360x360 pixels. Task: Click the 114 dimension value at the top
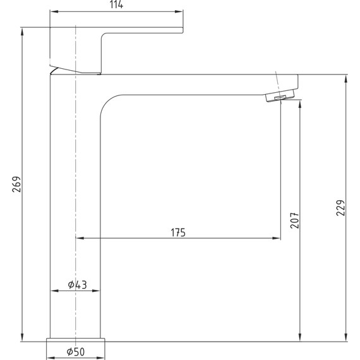tap(116, 4)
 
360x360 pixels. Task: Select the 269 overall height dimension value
tap(16, 184)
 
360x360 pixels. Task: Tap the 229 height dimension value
tap(340, 208)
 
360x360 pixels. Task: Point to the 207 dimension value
tap(295, 220)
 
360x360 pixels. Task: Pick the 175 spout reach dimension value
tap(178, 232)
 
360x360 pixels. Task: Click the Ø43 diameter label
tap(78, 285)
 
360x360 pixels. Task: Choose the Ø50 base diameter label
tap(76, 352)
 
